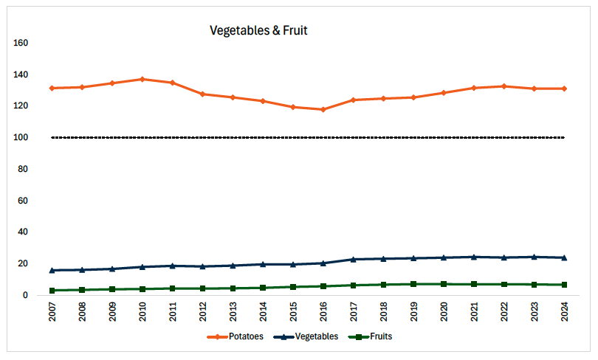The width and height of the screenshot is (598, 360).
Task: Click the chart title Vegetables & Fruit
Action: pyautogui.click(x=258, y=30)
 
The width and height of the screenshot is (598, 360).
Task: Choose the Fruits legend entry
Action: pyautogui.click(x=372, y=336)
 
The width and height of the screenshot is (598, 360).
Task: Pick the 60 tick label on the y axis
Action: pyautogui.click(x=22, y=201)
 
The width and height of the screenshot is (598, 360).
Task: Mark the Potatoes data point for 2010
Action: pyautogui.click(x=142, y=79)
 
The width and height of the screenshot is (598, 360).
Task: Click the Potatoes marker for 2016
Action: pyautogui.click(x=323, y=109)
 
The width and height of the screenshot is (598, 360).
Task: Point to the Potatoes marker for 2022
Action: pyautogui.click(x=504, y=86)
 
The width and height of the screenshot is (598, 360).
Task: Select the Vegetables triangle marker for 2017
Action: pyautogui.click(x=353, y=259)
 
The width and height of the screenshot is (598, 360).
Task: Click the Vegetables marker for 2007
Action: pyautogui.click(x=52, y=270)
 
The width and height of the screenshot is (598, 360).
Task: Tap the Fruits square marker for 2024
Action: pyautogui.click(x=564, y=285)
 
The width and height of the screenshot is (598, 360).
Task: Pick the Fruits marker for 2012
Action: pyautogui.click(x=202, y=288)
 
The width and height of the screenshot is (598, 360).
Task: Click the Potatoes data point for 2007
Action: pyautogui.click(x=52, y=88)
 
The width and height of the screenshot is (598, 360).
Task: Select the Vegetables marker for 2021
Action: pyautogui.click(x=473, y=257)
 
